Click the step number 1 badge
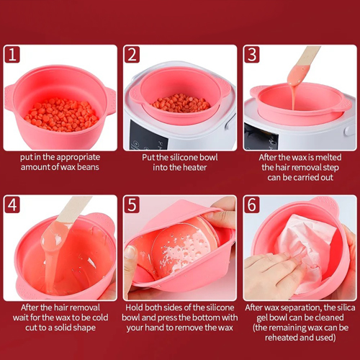pos(12,55)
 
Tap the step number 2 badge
pos(132,55)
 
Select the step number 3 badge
pos(252,55)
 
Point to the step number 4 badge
pos(12,204)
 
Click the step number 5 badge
pos(132,204)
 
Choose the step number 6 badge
pos(252,204)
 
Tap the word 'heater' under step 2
pos(194,167)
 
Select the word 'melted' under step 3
pos(328,158)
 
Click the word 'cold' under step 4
pos(100,318)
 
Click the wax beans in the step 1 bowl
pos(61,114)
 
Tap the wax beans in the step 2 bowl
pos(181,103)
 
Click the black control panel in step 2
pos(149,135)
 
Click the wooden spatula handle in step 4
pos(74,210)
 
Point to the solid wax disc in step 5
pos(184,246)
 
